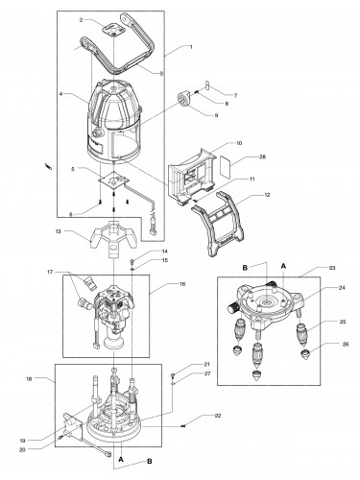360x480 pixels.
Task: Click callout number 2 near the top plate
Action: click(x=82, y=20)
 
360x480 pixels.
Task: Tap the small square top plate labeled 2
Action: click(x=114, y=30)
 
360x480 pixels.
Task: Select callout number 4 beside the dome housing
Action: click(x=60, y=94)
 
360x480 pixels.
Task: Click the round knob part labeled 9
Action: click(x=183, y=98)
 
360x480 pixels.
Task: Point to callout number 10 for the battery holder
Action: click(x=239, y=143)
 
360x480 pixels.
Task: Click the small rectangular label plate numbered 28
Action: click(x=226, y=167)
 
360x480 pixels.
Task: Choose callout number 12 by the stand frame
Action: click(x=267, y=195)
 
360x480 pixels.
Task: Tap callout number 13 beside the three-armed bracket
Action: click(x=58, y=231)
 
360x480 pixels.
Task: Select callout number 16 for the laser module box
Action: click(x=182, y=284)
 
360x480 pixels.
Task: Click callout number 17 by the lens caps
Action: click(x=50, y=273)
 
